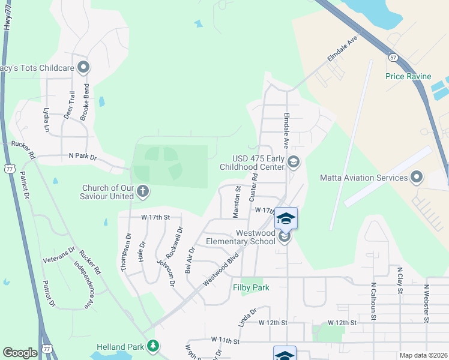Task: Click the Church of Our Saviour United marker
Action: click(143, 192)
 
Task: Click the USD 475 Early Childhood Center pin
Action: click(294, 161)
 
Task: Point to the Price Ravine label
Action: click(408, 76)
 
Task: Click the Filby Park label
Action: click(251, 287)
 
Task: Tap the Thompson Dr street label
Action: click(125, 253)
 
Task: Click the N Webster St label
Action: click(427, 302)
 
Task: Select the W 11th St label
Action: click(225, 340)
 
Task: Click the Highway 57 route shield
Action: click(393, 57)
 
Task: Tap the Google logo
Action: click(20, 353)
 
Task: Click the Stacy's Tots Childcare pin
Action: click(83, 67)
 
